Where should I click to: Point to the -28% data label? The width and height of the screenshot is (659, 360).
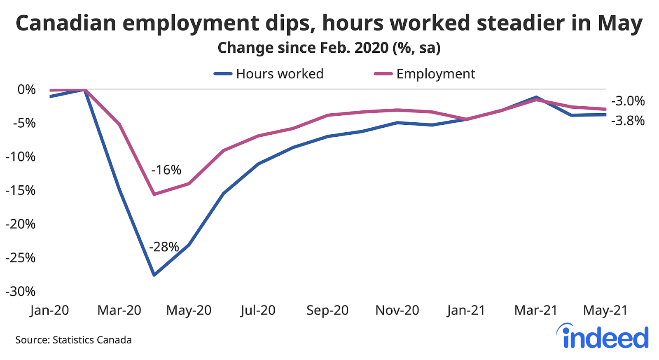pyautogui.click(x=164, y=247)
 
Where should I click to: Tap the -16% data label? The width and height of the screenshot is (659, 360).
pyautogui.click(x=166, y=170)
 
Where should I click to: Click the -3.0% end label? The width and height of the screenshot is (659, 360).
pyautogui.click(x=628, y=101)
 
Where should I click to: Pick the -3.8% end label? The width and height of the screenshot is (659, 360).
pyautogui.click(x=628, y=121)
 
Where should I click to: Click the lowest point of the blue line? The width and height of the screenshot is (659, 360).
pyautogui.click(x=154, y=275)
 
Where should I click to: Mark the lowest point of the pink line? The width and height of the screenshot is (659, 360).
pyautogui.click(x=154, y=194)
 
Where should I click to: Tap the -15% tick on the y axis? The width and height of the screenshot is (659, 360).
pyautogui.click(x=21, y=190)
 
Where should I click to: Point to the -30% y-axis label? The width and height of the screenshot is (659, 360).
pyautogui.click(x=21, y=292)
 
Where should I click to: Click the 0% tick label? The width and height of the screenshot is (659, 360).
pyautogui.click(x=26, y=89)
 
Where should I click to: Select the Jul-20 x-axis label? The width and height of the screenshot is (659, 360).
pyautogui.click(x=258, y=310)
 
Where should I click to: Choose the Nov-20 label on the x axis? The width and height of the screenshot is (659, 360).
pyautogui.click(x=397, y=310)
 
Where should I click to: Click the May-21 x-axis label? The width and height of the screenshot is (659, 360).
pyautogui.click(x=605, y=310)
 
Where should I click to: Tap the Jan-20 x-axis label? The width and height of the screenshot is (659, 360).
pyautogui.click(x=49, y=310)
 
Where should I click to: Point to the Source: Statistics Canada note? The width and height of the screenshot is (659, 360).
pyautogui.click(x=73, y=340)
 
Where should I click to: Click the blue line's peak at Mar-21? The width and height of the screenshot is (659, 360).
pyautogui.click(x=536, y=97)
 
